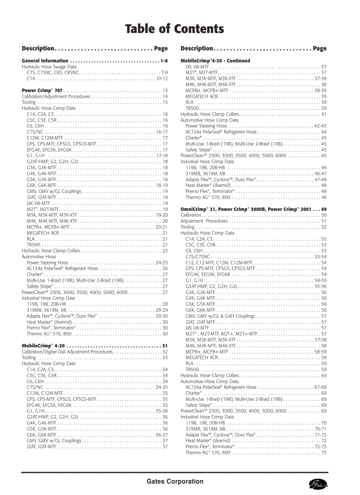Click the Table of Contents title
point(175,29)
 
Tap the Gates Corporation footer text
point(175,481)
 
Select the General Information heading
point(45,61)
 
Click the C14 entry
point(30,78)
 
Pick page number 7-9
point(164,72)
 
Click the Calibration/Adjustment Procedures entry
point(56,96)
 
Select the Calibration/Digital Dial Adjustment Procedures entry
point(67,352)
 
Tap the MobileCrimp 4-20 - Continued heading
point(215,61)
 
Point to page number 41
point(324,114)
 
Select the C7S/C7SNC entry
point(198,257)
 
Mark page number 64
point(324,376)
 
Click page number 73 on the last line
point(324,453)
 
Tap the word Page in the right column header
point(320,48)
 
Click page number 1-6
point(164,61)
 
